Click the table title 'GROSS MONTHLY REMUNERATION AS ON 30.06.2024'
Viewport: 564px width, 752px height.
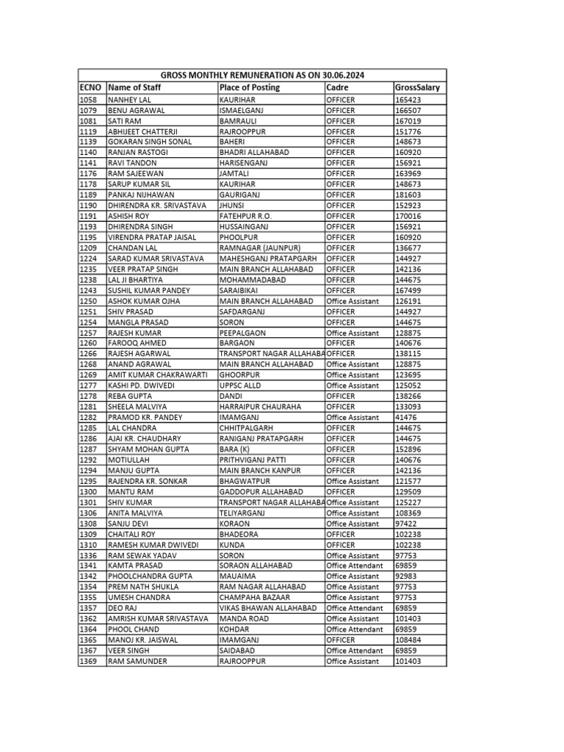[262, 76]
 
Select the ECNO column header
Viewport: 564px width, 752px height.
[91, 87]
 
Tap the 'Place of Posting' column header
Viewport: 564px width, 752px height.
[250, 87]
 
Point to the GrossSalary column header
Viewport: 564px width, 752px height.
[417, 87]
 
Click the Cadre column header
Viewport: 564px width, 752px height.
[338, 87]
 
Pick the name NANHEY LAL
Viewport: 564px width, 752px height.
[130, 99]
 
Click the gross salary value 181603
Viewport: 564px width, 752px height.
[408, 195]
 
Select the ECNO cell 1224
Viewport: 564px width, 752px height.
[88, 258]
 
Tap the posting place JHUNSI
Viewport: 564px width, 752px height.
[233, 206]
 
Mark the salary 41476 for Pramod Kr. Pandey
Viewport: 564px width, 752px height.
[406, 418]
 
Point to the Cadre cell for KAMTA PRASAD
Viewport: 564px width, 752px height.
[355, 566]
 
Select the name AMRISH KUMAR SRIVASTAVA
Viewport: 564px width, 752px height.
[159, 619]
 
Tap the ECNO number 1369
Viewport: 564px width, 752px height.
[88, 662]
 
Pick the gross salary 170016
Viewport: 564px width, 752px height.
[408, 216]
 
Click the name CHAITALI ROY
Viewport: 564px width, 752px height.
[133, 535]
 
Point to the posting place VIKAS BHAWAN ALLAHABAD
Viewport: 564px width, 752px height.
[268, 609]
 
